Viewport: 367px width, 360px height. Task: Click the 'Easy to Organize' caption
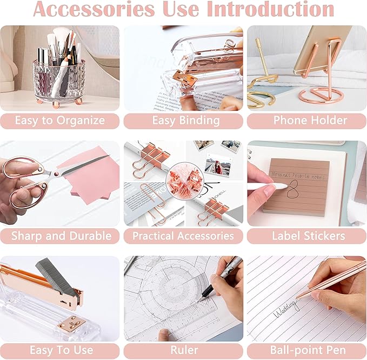pyautogui.click(x=59, y=120)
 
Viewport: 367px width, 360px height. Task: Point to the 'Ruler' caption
pyautogui.click(x=183, y=350)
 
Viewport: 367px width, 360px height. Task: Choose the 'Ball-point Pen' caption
pyautogui.click(x=306, y=350)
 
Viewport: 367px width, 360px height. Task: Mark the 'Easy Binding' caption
pyautogui.click(x=183, y=120)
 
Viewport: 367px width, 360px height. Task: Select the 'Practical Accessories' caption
pyautogui.click(x=183, y=236)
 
